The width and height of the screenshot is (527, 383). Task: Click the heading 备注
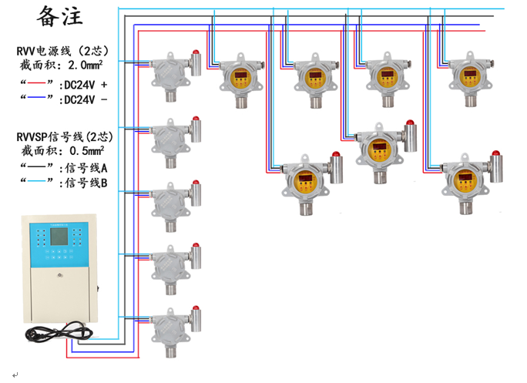pyautogui.click(x=59, y=17)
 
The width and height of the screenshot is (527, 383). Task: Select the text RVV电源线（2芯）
pyautogui.click(x=65, y=51)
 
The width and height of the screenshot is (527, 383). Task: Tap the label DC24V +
pyautogui.click(x=85, y=83)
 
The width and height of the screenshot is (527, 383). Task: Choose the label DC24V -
pyautogui.click(x=85, y=99)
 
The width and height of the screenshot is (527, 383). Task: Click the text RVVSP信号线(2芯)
pyautogui.click(x=65, y=136)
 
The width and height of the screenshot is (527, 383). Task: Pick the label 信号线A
pyautogui.click(x=87, y=167)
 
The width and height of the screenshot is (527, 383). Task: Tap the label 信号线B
pyautogui.click(x=87, y=183)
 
